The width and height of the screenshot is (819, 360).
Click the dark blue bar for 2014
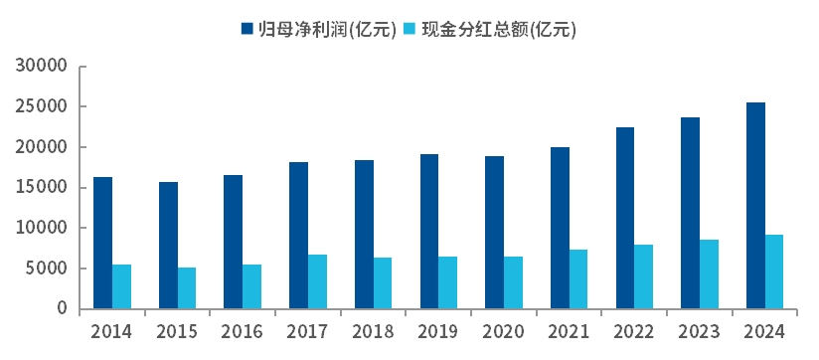(x=102, y=243)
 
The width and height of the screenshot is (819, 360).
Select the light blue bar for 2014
(x=122, y=286)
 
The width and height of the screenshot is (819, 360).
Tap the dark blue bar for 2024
(x=755, y=206)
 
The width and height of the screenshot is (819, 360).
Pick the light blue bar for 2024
(x=774, y=271)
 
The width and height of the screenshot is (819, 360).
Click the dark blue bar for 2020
(x=494, y=233)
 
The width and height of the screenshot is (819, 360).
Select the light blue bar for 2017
(x=317, y=281)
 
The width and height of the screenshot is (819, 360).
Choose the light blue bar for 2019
(x=448, y=282)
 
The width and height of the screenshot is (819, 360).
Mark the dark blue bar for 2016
(x=234, y=242)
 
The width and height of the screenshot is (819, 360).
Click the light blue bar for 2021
(x=578, y=279)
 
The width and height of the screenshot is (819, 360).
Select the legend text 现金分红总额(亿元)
(x=499, y=29)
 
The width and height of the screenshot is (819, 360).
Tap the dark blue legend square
(x=246, y=29)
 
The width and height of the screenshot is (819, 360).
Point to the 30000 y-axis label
(x=41, y=67)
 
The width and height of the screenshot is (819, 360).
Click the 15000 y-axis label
(x=41, y=188)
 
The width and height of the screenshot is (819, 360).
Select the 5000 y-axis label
(x=46, y=269)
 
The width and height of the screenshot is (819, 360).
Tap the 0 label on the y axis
(x=62, y=309)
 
